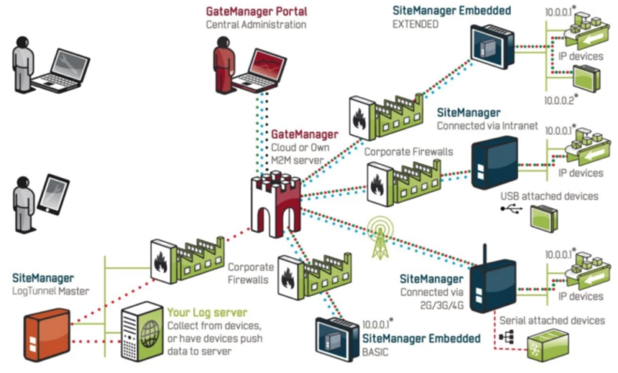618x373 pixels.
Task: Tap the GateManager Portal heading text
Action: click(256, 11)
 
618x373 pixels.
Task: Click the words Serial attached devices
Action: click(552, 320)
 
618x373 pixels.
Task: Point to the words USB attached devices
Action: click(549, 196)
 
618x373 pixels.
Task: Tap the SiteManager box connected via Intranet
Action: click(494, 163)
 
